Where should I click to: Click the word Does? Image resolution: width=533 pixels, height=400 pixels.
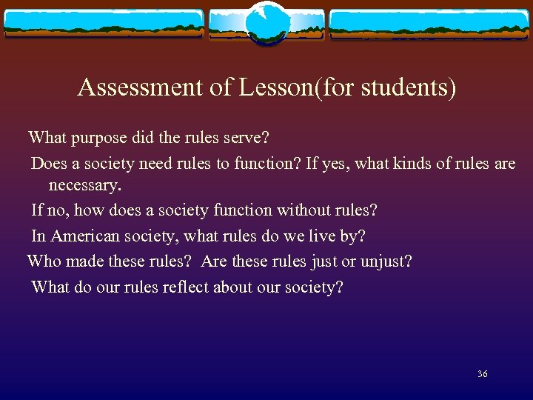pos(49,163)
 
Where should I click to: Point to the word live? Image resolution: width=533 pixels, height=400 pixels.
pos(318,236)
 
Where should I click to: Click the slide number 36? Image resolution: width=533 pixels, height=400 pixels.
pos(482,374)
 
